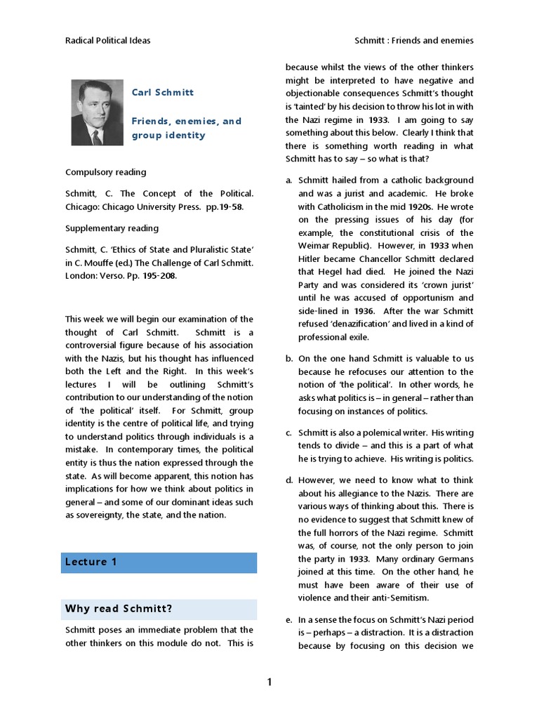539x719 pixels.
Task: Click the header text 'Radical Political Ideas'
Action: tap(107, 41)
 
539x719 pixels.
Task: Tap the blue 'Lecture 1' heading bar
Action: tap(159, 562)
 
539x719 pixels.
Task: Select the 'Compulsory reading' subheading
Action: tap(106, 172)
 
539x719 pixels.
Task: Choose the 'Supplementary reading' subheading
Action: tap(112, 228)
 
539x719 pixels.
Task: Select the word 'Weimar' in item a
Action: tap(314, 246)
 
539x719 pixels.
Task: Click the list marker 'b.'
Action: tap(288, 358)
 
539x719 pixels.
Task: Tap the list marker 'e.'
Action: tap(288, 620)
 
